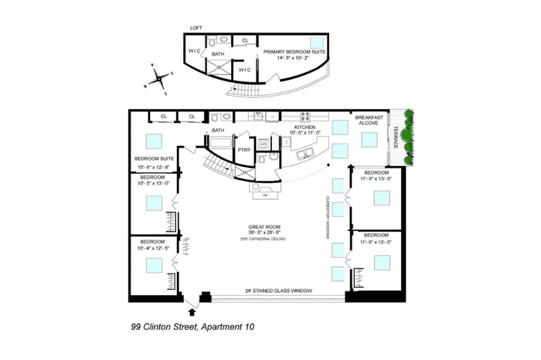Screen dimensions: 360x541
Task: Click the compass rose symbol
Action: coord(158,77)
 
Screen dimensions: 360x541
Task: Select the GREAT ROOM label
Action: coord(263,228)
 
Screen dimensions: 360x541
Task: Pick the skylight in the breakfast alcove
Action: coord(368,139)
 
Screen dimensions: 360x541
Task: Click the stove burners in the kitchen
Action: coord(305,117)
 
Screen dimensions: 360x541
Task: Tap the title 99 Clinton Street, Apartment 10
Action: coord(192,328)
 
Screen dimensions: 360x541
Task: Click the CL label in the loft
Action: coord(245,40)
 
